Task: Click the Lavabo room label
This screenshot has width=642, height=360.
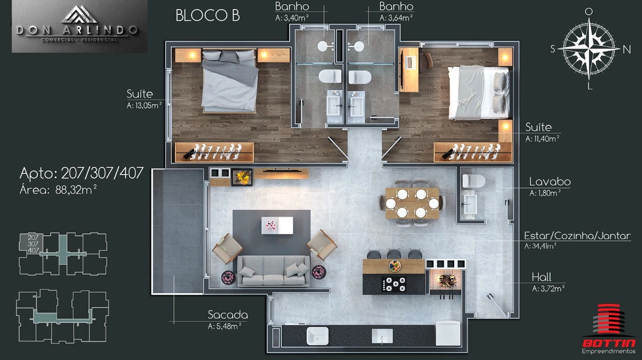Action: [550, 182]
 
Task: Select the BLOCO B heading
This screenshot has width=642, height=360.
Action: [208, 15]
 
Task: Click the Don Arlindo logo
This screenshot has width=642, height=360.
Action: [79, 26]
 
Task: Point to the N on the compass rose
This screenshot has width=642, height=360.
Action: [626, 50]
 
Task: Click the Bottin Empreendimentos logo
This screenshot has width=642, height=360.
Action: [608, 329]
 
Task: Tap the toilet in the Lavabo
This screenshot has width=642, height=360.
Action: [473, 181]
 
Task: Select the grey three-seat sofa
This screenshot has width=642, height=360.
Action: [274, 271]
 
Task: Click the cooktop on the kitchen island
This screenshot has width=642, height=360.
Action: [394, 284]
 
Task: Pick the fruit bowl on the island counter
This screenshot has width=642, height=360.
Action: [395, 266]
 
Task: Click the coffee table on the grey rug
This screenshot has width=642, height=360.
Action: [277, 225]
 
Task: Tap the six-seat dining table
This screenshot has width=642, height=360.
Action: [412, 203]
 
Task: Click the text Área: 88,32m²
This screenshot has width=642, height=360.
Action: [58, 190]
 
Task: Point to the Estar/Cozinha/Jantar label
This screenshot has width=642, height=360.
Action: [577, 236]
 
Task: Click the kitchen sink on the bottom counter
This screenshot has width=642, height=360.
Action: [318, 336]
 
